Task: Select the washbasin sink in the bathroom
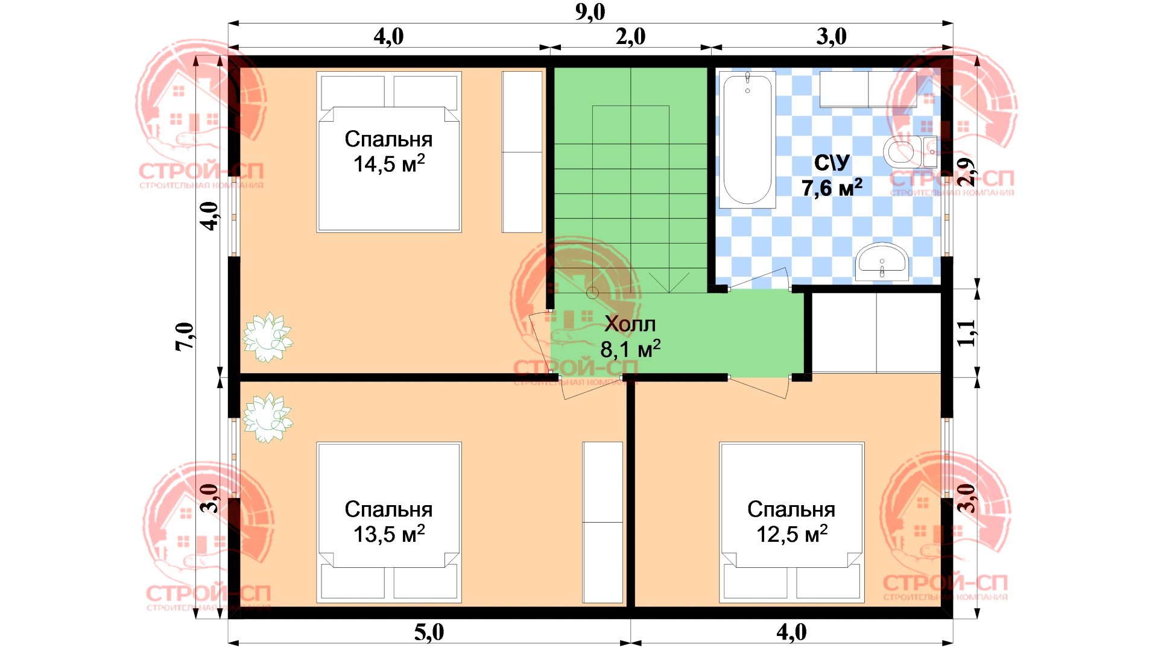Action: [x=882, y=262]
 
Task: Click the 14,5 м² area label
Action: [x=389, y=164]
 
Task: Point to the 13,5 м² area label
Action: [x=389, y=534]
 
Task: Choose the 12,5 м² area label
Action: [x=792, y=534]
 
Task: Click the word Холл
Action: [x=630, y=324]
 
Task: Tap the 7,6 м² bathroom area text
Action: [x=832, y=188]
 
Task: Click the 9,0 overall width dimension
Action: [x=590, y=12]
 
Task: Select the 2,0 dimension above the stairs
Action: [x=630, y=37]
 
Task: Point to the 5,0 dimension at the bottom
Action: [x=429, y=632]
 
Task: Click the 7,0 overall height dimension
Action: [x=185, y=336]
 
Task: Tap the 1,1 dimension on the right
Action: [x=966, y=333]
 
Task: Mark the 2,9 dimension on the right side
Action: [x=966, y=172]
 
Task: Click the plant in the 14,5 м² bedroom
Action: [x=267, y=337]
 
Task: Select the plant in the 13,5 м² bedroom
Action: [x=267, y=417]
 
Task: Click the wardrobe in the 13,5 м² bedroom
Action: [x=603, y=523]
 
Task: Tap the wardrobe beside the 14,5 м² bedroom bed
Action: [x=522, y=152]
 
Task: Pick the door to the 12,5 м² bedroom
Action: [x=759, y=387]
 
